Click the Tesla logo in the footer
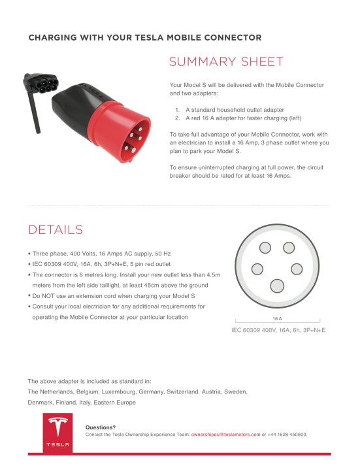pyautogui.click(x=56, y=432)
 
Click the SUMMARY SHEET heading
pyautogui.click(x=226, y=62)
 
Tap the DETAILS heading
pyautogui.click(x=56, y=229)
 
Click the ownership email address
pyautogui.click(x=225, y=434)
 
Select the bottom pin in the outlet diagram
pyautogui.click(x=278, y=286)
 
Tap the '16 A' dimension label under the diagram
pyautogui.click(x=277, y=318)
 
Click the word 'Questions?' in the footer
pyautogui.click(x=101, y=427)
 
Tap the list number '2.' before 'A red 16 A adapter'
pyautogui.click(x=177, y=119)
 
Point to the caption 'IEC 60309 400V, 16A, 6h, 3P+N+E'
pyautogui.click(x=278, y=330)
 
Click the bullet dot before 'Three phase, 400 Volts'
pyautogui.click(x=29, y=254)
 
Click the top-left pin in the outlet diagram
pyautogui.click(x=265, y=247)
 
